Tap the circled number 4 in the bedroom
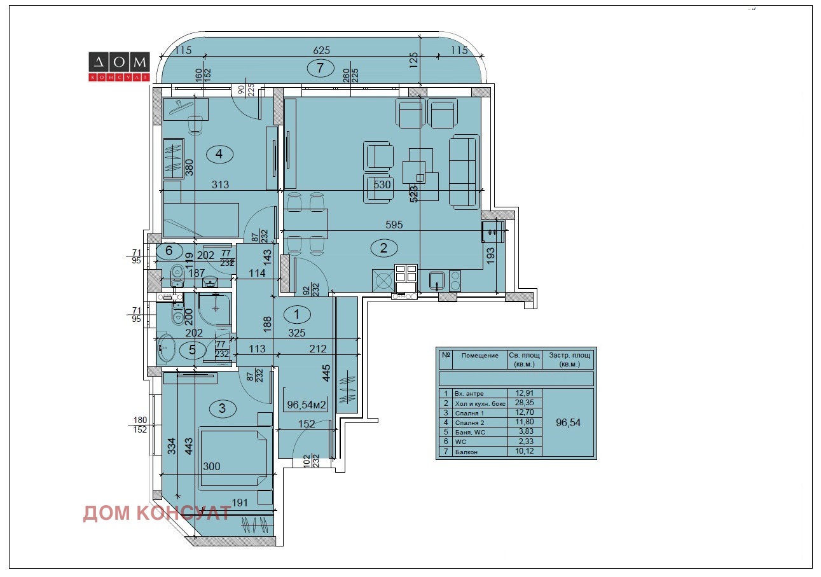coord(219,153)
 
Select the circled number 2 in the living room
coord(383,248)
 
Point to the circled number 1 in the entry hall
coord(296,313)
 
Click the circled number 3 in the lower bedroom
coord(222,408)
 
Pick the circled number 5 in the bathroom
coord(193,350)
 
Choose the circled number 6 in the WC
coord(169,251)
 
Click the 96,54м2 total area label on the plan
coord(307,404)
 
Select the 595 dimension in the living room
coord(394,225)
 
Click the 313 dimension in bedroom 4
coord(219,184)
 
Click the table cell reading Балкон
coord(465,452)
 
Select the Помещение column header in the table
coord(479,356)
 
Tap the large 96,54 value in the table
coord(569,422)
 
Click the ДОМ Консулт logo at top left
coord(118,67)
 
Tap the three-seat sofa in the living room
coord(464,172)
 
